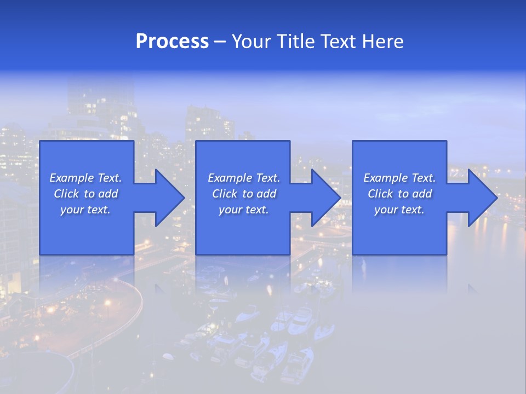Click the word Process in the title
tap(172, 42)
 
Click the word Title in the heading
tap(296, 42)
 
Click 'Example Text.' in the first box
tap(85, 178)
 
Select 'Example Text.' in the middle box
tap(244, 178)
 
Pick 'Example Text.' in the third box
tap(399, 178)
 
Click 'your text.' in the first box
tap(85, 210)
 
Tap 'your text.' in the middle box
tap(244, 210)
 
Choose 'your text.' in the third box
tap(399, 210)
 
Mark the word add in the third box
tap(422, 194)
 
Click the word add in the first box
tap(108, 194)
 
